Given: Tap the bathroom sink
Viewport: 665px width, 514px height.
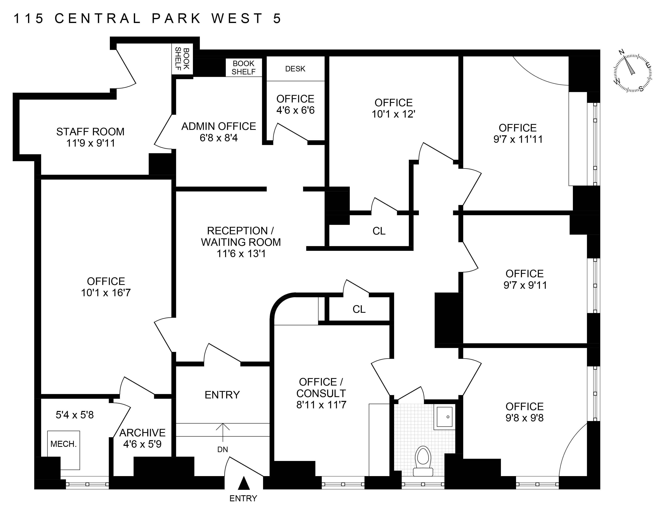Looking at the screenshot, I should click(444, 417).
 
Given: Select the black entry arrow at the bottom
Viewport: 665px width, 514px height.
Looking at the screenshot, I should click(243, 484).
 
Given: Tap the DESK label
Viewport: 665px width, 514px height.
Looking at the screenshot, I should click(295, 69).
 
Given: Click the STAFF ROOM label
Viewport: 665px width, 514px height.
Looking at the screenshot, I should click(91, 132).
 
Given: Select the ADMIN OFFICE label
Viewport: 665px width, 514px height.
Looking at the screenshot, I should click(219, 126).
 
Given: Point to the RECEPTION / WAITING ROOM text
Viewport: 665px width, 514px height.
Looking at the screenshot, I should click(240, 237).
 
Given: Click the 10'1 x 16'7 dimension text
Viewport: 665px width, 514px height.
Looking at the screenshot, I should click(106, 293).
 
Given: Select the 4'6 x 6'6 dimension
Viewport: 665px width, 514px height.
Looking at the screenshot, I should click(295, 110).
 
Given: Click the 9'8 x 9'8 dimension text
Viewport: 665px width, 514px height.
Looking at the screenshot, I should click(524, 418).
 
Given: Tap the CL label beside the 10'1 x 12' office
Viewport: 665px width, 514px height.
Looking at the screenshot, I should click(379, 231).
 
